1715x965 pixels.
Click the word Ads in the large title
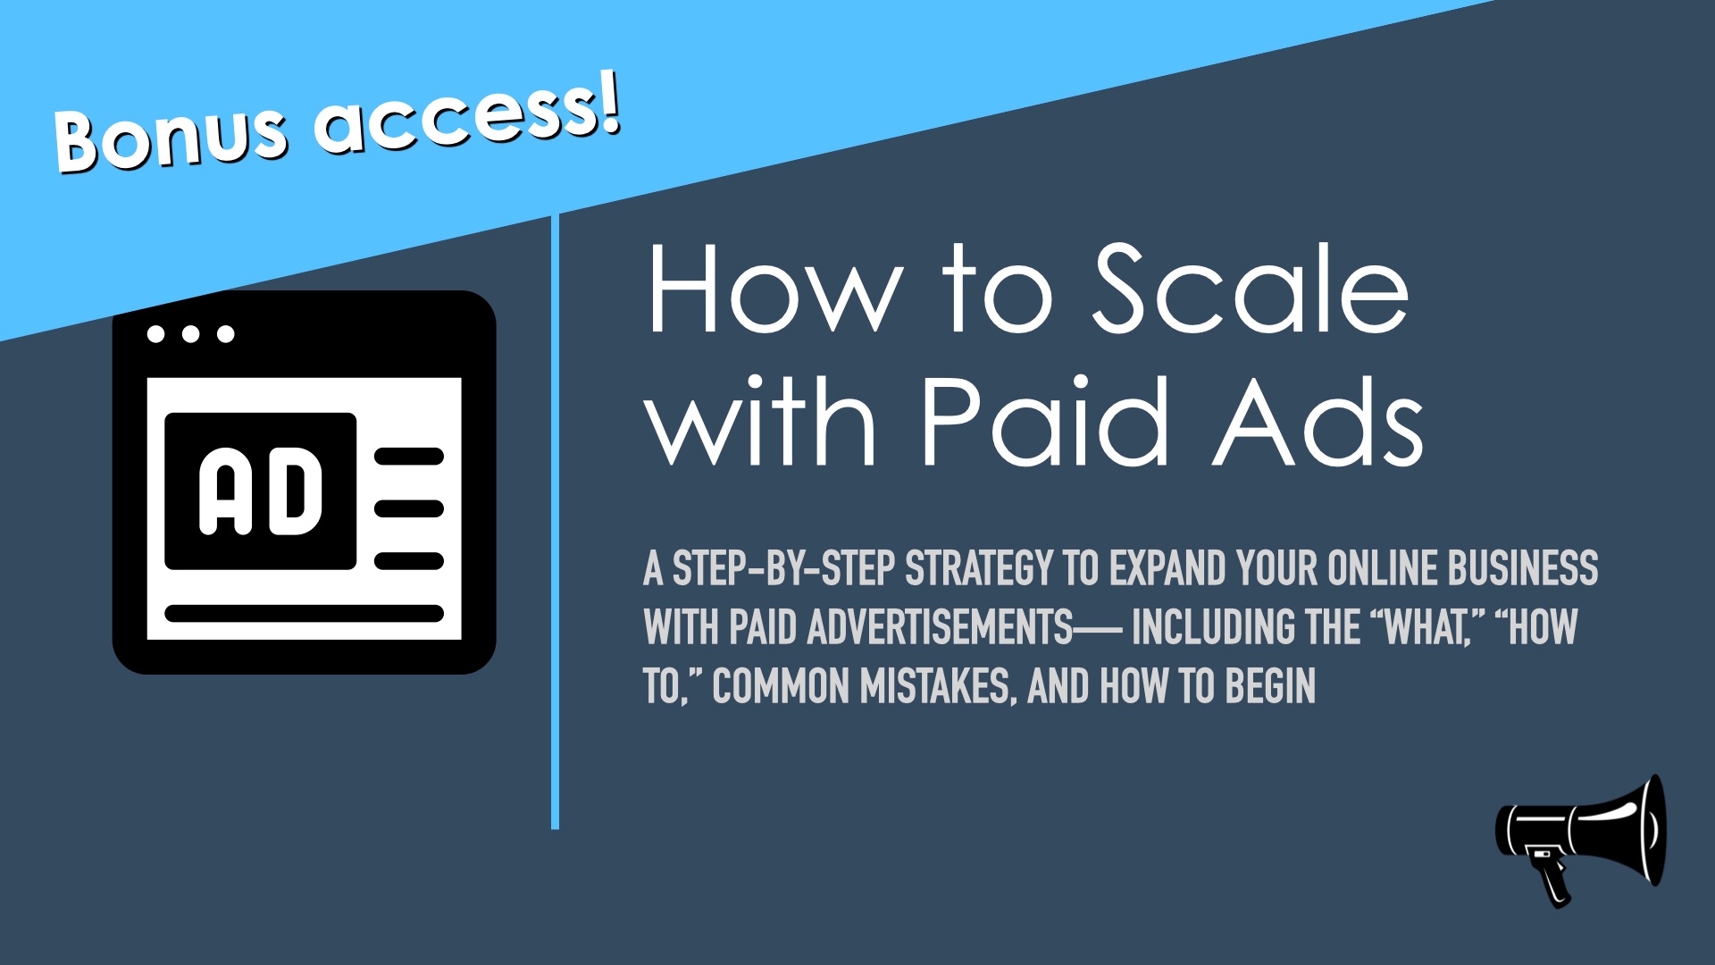tap(1318, 420)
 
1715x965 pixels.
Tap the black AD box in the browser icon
tap(261, 491)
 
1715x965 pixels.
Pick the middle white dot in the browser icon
tap(190, 334)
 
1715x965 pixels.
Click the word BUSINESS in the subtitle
tap(1523, 568)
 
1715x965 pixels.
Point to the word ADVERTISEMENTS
tap(940, 627)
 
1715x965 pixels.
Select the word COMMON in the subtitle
tap(781, 687)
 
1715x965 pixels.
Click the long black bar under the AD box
tap(304, 614)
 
